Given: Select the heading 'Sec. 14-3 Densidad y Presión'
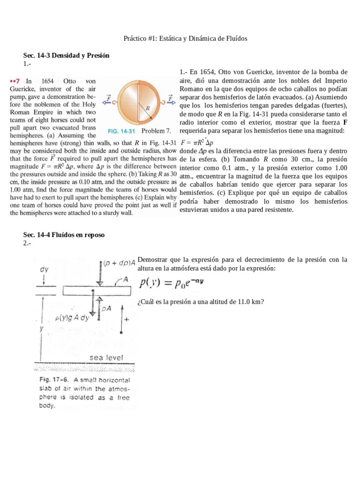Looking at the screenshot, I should coord(66,55).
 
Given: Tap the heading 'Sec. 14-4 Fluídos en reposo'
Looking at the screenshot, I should coord(64,235).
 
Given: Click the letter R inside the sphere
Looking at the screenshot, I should coord(147,107).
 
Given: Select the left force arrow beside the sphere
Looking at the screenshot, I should coord(107,100).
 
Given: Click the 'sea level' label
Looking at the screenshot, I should coord(106,358).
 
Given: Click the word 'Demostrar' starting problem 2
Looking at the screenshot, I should coord(152,260).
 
